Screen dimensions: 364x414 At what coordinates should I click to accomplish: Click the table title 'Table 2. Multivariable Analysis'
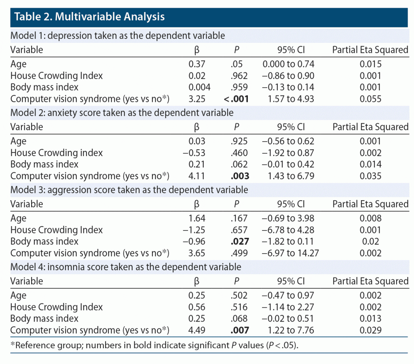click(x=89, y=17)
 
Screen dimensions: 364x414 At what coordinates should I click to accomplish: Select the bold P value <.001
click(x=236, y=99)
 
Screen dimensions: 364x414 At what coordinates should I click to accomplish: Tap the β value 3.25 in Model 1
click(x=197, y=99)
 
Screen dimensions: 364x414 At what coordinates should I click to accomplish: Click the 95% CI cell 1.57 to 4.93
click(x=289, y=99)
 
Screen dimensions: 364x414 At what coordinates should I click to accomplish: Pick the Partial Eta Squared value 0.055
click(x=370, y=99)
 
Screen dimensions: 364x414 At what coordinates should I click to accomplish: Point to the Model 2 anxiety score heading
click(x=122, y=112)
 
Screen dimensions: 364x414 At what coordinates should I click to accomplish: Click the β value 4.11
click(x=197, y=176)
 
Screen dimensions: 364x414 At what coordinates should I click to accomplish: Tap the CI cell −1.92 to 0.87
click(x=289, y=153)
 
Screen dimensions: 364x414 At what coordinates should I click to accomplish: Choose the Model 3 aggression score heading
click(x=129, y=190)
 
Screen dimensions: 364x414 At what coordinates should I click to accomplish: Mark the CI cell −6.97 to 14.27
click(x=289, y=253)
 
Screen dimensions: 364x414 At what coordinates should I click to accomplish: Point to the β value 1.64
click(x=197, y=218)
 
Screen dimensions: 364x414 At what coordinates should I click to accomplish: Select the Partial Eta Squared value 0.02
click(x=370, y=241)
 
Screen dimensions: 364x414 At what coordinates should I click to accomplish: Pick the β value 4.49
click(x=197, y=330)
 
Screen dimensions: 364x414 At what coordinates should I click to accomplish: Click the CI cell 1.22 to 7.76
click(x=289, y=330)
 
